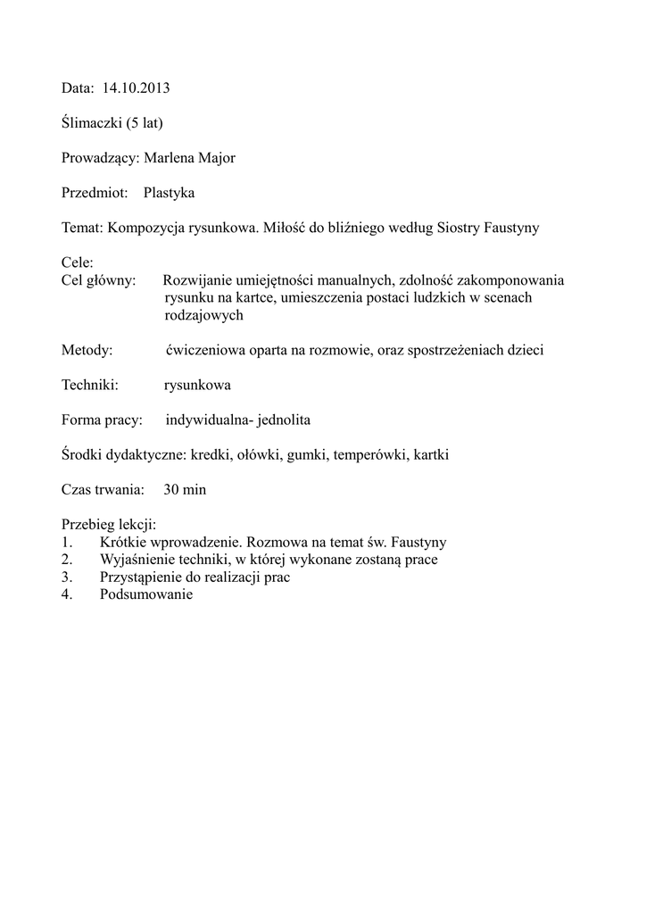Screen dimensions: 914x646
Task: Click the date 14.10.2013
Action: tap(136, 88)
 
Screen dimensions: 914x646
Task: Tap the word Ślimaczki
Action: tap(92, 123)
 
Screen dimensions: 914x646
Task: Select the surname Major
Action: tap(217, 158)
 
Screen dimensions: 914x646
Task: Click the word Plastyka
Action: tap(169, 193)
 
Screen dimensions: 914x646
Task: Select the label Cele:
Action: tap(78, 263)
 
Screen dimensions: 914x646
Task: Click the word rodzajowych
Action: tap(203, 315)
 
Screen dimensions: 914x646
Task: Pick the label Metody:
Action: tap(87, 350)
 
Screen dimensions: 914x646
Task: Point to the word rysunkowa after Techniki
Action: tap(197, 385)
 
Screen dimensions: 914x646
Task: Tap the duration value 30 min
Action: tap(185, 490)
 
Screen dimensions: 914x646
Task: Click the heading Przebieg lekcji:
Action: tap(109, 525)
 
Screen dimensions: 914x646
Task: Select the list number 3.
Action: tap(66, 577)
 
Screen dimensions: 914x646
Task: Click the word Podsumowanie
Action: tap(146, 595)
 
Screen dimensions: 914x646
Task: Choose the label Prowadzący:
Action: tap(100, 158)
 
